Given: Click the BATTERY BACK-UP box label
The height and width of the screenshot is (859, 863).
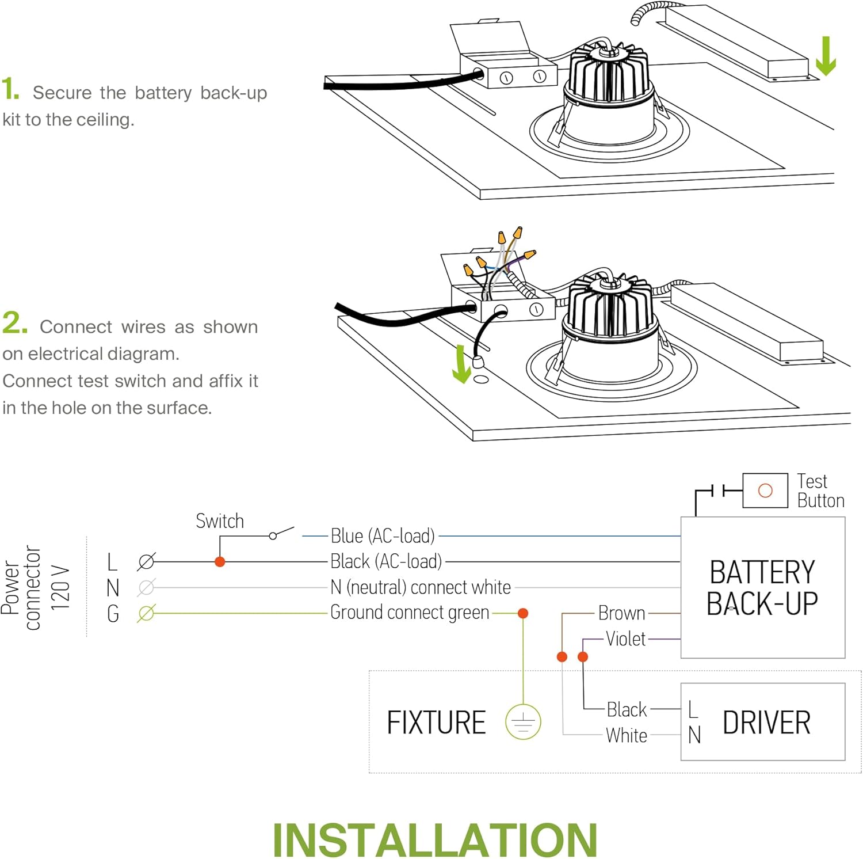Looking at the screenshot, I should [x=762, y=588].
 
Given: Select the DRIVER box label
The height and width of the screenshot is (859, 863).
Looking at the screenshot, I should [x=766, y=723].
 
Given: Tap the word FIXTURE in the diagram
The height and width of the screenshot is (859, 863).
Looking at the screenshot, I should [x=436, y=723].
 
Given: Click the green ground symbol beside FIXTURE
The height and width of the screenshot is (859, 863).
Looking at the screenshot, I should [x=523, y=722].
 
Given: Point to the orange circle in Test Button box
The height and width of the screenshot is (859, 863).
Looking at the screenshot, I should [x=765, y=491].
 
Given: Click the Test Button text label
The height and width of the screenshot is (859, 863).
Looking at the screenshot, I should [x=820, y=491].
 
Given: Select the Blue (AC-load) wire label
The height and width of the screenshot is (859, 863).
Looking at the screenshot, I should [x=383, y=536].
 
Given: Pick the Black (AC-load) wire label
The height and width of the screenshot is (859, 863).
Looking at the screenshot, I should [x=386, y=561].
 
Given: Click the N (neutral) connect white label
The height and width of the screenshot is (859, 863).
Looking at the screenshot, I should [x=421, y=587].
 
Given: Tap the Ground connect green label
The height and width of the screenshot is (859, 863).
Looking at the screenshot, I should [x=410, y=613].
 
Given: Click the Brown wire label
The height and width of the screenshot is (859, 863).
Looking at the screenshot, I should [x=621, y=613].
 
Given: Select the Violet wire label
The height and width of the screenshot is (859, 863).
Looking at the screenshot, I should [x=625, y=639].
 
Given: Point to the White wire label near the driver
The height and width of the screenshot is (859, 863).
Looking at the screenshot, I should [x=626, y=735].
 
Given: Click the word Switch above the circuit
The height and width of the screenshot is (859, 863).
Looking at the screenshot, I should [x=220, y=521].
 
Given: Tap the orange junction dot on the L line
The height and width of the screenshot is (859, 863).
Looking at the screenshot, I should [x=220, y=562].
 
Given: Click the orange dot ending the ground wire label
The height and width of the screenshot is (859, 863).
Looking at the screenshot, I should [x=523, y=613].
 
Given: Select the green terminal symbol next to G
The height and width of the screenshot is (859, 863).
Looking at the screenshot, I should [x=146, y=614].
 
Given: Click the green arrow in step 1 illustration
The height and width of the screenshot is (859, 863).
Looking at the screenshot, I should [x=826, y=56].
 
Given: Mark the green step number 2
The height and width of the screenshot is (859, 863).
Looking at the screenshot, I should [x=14, y=323].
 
